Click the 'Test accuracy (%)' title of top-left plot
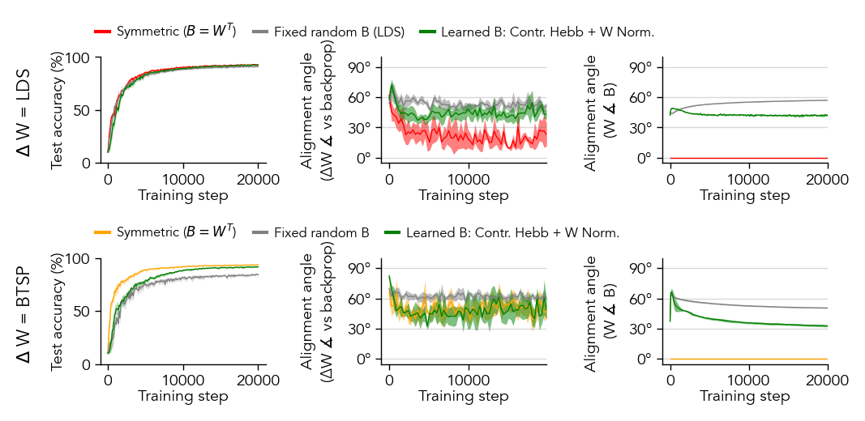(58, 110)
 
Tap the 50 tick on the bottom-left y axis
(84, 311)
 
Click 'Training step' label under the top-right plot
(744, 195)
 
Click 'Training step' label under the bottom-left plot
(182, 396)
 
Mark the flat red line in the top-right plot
(746, 158)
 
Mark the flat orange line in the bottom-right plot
(746, 359)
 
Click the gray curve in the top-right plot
(746, 102)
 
